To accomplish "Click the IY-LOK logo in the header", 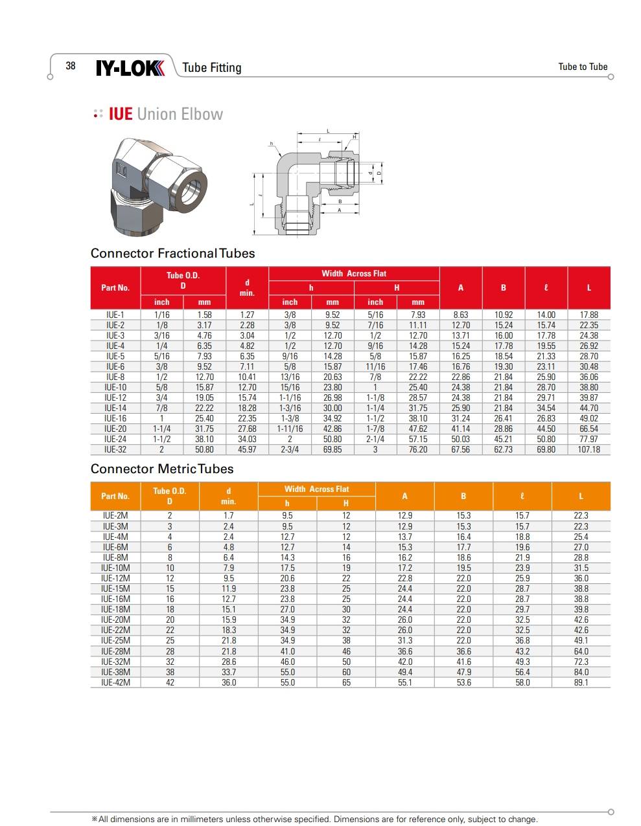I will coord(130,67).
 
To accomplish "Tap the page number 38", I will coord(71,65).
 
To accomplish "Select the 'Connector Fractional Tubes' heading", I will coord(172,253).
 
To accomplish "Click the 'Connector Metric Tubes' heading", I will coord(161,469).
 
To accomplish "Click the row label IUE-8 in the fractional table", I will coord(115,377).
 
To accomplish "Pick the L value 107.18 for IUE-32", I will coord(589,449).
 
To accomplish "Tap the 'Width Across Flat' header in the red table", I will coord(354,273).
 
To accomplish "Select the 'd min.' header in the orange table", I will coord(228,496).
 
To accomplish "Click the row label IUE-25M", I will coord(115,640).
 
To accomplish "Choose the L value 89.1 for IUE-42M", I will coord(581,682).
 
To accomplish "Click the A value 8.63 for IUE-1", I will coord(460,315).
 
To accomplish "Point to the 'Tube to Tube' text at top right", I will coord(583,67).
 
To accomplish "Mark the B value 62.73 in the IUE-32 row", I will coord(503,449).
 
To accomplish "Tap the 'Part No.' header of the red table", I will coord(115,287).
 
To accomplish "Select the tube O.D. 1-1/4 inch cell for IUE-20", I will coord(161,429).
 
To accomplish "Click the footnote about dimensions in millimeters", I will coord(315,819).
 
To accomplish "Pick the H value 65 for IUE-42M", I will coord(346,682).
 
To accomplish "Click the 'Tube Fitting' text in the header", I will coord(211,67).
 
